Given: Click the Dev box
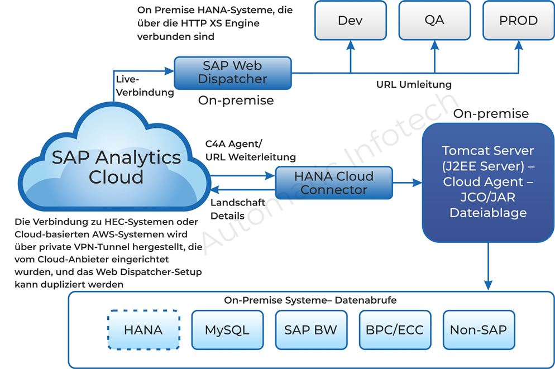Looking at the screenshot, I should click(x=350, y=21).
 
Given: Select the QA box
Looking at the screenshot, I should click(x=434, y=21).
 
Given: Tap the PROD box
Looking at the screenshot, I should click(x=518, y=21).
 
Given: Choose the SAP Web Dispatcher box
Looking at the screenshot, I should click(x=232, y=73).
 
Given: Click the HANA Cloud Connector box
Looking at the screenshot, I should click(x=334, y=183).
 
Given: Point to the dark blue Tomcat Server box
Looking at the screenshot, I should click(x=487, y=182).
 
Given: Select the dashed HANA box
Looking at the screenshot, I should click(x=143, y=330).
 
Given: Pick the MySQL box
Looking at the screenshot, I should click(x=227, y=330).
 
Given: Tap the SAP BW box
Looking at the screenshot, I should click(x=310, y=330).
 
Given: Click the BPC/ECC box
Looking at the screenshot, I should click(x=394, y=330).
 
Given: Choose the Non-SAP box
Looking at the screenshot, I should click(x=478, y=330).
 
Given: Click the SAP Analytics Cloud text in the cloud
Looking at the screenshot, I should click(x=116, y=166).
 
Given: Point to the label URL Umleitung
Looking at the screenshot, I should click(x=414, y=85).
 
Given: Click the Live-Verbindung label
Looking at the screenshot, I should click(x=144, y=86).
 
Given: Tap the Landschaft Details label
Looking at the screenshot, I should click(x=237, y=209).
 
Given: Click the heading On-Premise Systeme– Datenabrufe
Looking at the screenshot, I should click(x=310, y=300).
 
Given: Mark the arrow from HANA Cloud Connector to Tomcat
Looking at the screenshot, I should click(x=407, y=183).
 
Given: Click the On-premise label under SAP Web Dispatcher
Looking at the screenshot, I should click(x=236, y=100).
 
